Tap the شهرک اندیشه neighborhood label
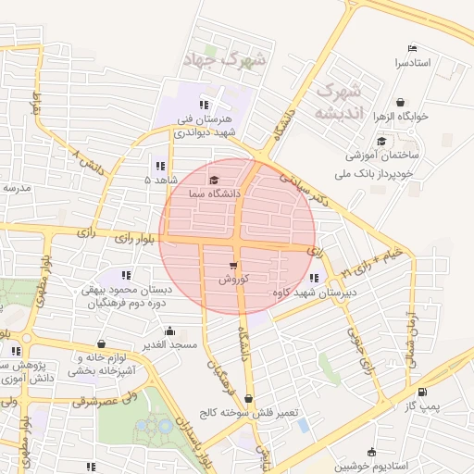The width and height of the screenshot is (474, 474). pos(336,101)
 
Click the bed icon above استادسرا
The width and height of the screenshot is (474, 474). pos(412,49)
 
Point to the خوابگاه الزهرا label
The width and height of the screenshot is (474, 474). pos(401,118)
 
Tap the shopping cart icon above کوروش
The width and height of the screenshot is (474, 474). pos(233,266)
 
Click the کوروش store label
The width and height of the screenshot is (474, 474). pos(233,279)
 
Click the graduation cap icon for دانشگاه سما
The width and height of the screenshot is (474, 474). pos(215,181)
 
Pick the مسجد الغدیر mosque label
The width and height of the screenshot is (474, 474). pos(168,344)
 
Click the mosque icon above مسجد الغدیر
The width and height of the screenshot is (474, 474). pos(168,331)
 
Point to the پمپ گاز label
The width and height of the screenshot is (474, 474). pos(423,405)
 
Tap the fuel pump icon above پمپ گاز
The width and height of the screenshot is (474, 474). pos(423,393)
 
